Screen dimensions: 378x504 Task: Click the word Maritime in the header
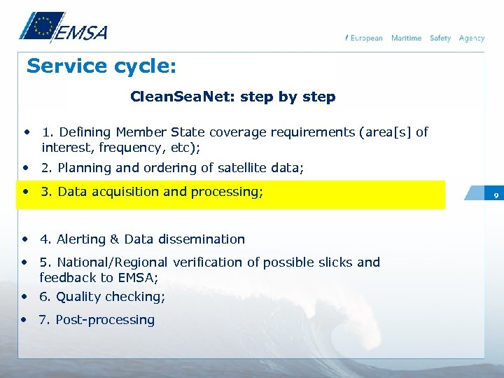click(x=406, y=38)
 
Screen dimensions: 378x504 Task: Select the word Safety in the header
click(x=440, y=38)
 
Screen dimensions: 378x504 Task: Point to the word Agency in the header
click(x=472, y=38)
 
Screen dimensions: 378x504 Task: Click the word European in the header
click(x=366, y=38)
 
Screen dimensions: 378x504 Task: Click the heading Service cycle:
click(x=101, y=66)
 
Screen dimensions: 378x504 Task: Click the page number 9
click(x=495, y=195)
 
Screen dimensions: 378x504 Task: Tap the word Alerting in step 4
click(x=80, y=239)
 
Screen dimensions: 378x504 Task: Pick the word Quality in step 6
click(x=78, y=297)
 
